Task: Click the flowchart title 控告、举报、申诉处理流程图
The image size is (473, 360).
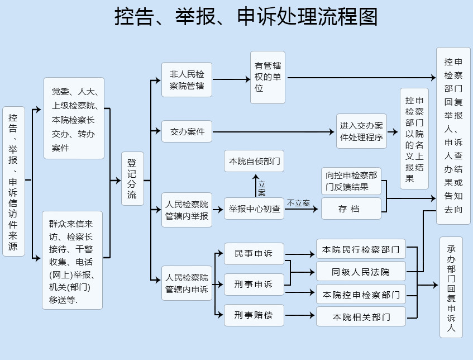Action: click(246, 16)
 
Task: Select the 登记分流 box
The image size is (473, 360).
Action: click(132, 178)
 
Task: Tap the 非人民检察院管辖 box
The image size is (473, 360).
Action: click(187, 80)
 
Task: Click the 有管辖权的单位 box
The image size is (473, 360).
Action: click(267, 77)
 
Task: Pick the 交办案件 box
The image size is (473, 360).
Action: click(187, 131)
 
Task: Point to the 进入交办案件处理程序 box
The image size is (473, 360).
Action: click(361, 131)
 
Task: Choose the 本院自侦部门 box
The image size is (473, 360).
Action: click(254, 161)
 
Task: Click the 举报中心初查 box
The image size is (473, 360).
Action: click(254, 209)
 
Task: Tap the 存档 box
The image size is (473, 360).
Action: click(351, 209)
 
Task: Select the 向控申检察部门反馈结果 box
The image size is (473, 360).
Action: click(351, 181)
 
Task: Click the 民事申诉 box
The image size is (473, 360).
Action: click(254, 254)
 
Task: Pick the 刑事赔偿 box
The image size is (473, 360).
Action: click(254, 315)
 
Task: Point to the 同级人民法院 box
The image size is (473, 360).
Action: click(361, 272)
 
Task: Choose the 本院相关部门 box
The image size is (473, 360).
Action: click(361, 317)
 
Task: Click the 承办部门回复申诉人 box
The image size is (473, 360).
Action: click(451, 287)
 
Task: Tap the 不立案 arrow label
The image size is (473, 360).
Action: click(298, 203)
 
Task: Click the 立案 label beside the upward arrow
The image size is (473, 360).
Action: click(261, 188)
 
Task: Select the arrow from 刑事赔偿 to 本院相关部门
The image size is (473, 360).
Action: click(300, 315)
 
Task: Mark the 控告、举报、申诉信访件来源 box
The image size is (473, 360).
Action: click(13, 181)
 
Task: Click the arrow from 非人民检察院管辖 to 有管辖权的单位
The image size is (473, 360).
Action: click(231, 79)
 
